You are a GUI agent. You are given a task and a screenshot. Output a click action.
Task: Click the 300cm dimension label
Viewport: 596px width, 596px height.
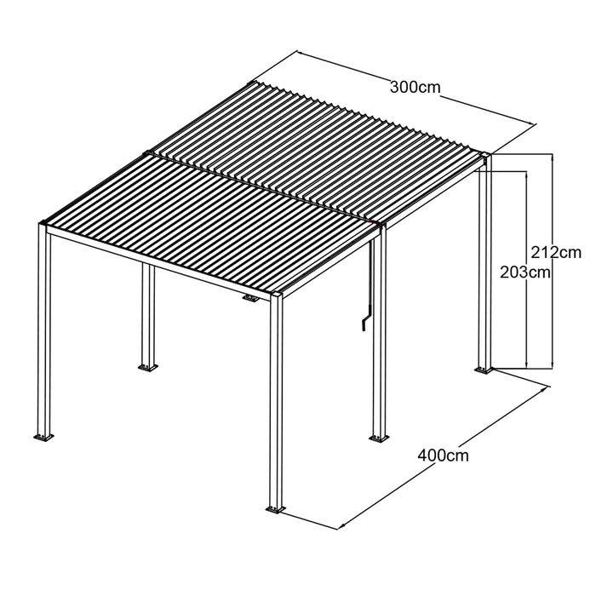click(x=415, y=88)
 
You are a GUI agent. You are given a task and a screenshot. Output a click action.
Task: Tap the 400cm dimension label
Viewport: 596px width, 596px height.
click(x=444, y=455)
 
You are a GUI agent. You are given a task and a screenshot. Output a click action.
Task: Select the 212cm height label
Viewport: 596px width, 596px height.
click(x=556, y=252)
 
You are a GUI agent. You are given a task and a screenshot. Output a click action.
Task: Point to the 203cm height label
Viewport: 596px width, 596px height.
click(x=525, y=272)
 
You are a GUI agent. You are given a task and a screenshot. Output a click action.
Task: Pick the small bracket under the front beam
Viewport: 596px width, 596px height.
click(x=251, y=298)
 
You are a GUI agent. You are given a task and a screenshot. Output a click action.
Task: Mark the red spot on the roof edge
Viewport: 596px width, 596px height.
click(x=375, y=222)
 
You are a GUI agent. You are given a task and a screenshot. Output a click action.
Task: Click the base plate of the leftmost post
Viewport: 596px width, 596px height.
click(x=43, y=437)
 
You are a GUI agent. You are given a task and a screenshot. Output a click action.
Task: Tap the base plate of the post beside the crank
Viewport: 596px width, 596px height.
click(x=379, y=438)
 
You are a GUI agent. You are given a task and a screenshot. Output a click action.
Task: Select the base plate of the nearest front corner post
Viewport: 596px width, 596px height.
click(x=275, y=509)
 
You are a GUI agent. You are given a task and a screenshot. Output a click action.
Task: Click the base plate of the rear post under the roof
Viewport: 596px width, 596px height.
click(x=147, y=367)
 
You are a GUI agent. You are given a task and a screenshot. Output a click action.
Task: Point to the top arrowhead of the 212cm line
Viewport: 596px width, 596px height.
click(x=553, y=158)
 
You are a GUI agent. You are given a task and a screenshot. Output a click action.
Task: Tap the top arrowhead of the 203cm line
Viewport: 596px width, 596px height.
click(x=526, y=175)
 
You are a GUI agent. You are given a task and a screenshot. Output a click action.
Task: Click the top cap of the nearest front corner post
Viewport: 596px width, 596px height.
click(x=277, y=294)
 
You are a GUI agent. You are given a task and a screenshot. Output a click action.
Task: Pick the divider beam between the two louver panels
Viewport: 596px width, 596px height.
click(x=261, y=187)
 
